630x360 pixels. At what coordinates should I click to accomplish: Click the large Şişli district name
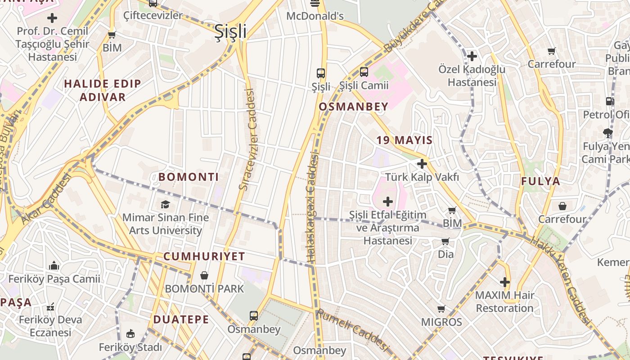click(x=230, y=31)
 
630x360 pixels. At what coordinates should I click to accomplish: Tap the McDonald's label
click(x=315, y=16)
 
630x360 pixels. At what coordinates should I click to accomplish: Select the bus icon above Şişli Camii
click(x=364, y=72)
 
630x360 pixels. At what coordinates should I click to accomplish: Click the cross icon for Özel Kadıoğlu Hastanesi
click(x=472, y=56)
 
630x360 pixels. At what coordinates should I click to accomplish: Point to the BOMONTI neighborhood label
click(x=189, y=177)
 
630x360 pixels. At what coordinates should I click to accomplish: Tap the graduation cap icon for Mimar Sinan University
click(x=166, y=204)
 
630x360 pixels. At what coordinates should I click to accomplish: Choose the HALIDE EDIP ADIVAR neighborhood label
click(x=103, y=90)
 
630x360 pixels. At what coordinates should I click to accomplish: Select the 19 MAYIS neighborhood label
click(x=405, y=140)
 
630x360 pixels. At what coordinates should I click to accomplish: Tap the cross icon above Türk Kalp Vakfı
click(x=422, y=164)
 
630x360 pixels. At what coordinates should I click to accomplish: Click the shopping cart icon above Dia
click(x=445, y=242)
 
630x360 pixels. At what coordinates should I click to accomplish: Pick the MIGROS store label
click(x=441, y=322)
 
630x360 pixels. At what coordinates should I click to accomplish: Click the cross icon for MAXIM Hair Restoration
click(x=505, y=282)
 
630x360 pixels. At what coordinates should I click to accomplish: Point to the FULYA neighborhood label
click(x=540, y=181)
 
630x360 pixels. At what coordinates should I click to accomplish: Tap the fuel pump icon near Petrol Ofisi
click(x=610, y=101)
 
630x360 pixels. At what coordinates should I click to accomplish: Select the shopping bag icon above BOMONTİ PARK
click(x=204, y=275)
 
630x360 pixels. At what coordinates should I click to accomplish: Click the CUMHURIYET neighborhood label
click(x=204, y=256)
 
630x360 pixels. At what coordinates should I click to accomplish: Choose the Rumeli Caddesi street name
click(x=352, y=330)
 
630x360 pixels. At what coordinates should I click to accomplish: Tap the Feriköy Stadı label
click(x=130, y=347)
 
